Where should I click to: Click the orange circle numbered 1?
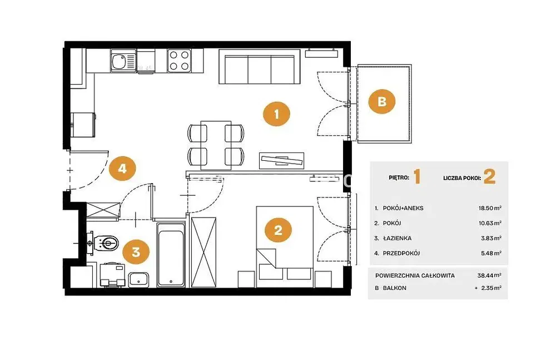(276, 114)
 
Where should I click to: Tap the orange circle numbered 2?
(278, 230)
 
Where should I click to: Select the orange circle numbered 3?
(136, 252)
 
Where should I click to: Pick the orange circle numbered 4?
(122, 168)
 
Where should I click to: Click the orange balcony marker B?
(381, 101)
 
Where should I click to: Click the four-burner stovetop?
(179, 61)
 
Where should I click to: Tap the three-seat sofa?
(260, 67)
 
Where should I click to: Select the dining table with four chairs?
(216, 145)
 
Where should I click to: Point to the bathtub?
(171, 254)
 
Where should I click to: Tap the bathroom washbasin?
(138, 279)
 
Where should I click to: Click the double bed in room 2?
(285, 246)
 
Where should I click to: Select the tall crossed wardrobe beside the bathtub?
(203, 251)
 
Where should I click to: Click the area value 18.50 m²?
(490, 208)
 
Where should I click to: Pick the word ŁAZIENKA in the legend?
(397, 238)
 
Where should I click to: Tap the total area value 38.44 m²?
(489, 275)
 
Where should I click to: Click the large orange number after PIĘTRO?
(417, 176)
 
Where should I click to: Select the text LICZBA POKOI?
(461, 178)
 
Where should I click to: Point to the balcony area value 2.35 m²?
(491, 288)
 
